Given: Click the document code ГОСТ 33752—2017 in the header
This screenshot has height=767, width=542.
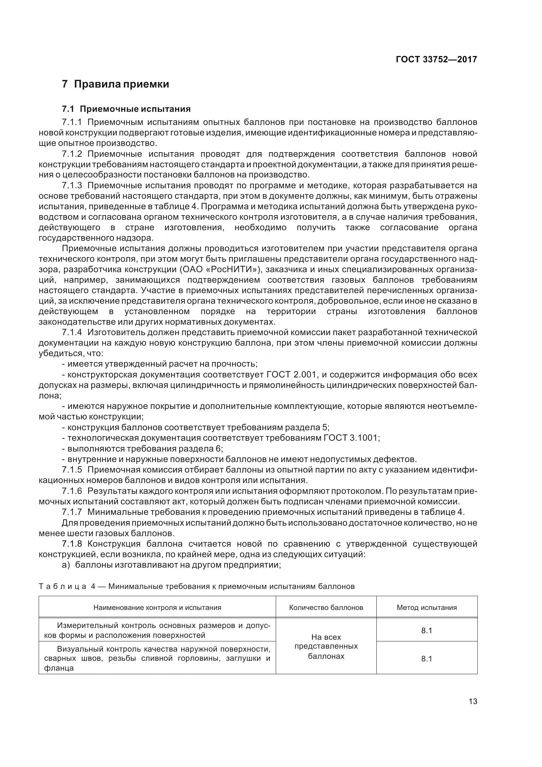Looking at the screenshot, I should [436, 59].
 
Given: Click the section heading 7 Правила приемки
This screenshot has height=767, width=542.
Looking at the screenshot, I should [115, 84].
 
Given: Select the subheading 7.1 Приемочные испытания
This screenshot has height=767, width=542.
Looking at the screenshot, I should [126, 109].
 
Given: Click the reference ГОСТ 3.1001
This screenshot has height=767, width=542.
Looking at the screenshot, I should [351, 438].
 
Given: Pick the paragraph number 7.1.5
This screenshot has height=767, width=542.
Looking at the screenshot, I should [72, 470].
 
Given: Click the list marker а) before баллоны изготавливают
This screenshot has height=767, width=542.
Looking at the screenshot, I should [66, 565].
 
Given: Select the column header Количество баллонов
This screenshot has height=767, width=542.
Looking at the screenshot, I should [326, 608].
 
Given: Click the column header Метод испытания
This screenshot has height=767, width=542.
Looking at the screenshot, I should [427, 608].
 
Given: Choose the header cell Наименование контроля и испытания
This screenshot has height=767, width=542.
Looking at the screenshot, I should [157, 608].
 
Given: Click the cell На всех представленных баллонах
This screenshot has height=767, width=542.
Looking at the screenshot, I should [326, 646].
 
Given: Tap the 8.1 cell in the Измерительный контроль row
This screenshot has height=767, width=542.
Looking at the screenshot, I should [427, 631].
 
